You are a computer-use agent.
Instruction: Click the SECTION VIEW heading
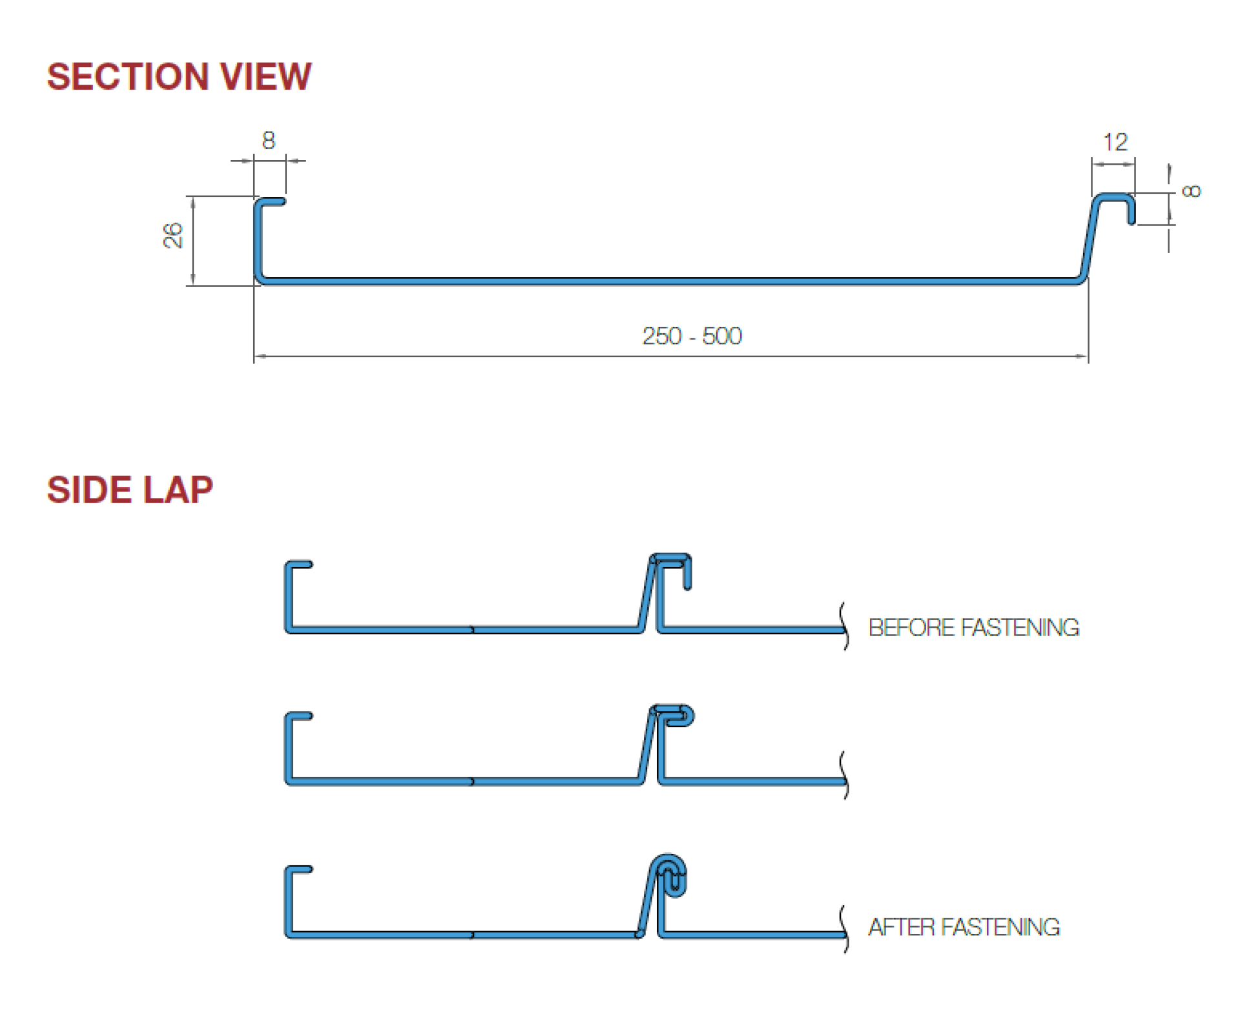[x=179, y=77]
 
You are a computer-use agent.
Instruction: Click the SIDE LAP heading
[x=130, y=490]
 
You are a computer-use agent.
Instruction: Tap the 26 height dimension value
[x=173, y=235]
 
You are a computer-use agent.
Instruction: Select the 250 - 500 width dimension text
[x=692, y=336]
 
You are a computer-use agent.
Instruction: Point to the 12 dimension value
[x=1115, y=142]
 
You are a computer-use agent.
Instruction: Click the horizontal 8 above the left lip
[x=269, y=140]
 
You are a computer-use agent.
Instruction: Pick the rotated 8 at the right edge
[x=1190, y=191]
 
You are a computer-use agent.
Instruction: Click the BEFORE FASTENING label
[x=973, y=628]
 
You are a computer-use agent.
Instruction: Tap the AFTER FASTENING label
[x=964, y=927]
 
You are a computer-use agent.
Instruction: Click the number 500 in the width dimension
[x=722, y=336]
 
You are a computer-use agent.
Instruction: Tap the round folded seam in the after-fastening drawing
[x=670, y=876]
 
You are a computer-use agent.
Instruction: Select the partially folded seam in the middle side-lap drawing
[x=675, y=716]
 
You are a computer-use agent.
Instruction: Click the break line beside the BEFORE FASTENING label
[x=844, y=626]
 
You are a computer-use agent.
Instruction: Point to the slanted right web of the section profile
[x=1091, y=239]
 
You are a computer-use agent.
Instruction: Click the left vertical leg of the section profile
[x=258, y=239]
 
